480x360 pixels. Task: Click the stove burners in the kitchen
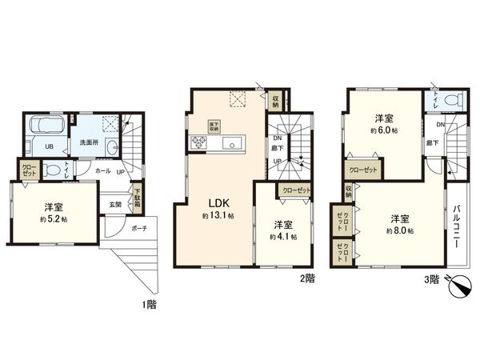(198, 144)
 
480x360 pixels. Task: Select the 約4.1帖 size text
(284, 237)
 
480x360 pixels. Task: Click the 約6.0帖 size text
(386, 130)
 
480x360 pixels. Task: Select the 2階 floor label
(307, 278)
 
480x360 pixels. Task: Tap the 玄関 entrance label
(115, 203)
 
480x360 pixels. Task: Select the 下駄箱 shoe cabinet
(138, 198)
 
